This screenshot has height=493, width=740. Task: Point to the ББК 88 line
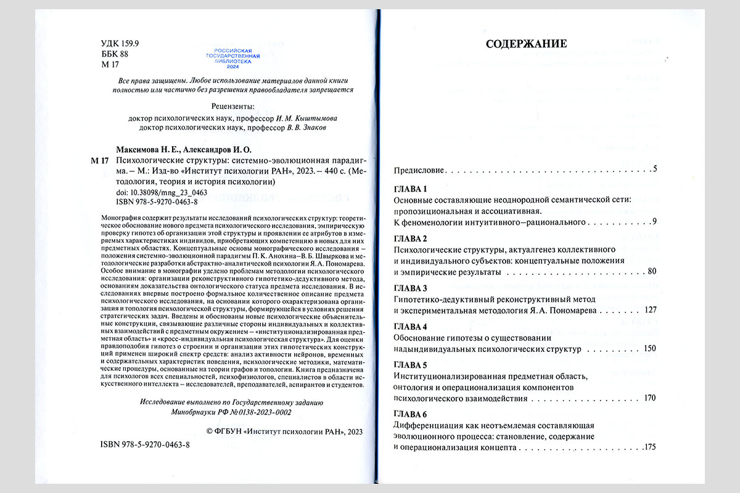114,54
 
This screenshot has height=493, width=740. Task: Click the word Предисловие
418,169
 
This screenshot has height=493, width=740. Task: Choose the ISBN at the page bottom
145,444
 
